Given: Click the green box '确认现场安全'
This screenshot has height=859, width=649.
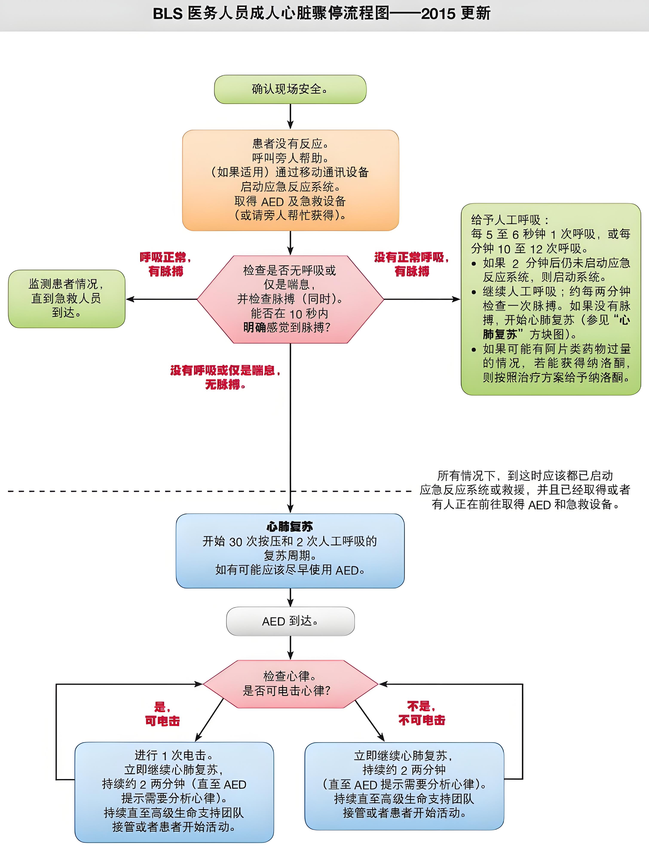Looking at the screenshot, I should (290, 89).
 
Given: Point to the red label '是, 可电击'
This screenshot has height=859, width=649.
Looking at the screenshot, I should (162, 714).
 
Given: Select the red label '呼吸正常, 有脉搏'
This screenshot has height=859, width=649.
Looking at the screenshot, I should (165, 264).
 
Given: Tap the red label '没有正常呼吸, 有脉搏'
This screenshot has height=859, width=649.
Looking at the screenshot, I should (412, 264).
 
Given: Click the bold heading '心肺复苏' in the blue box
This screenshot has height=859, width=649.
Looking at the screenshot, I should (290, 527).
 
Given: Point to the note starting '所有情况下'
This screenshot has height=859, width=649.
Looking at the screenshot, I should (525, 490).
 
